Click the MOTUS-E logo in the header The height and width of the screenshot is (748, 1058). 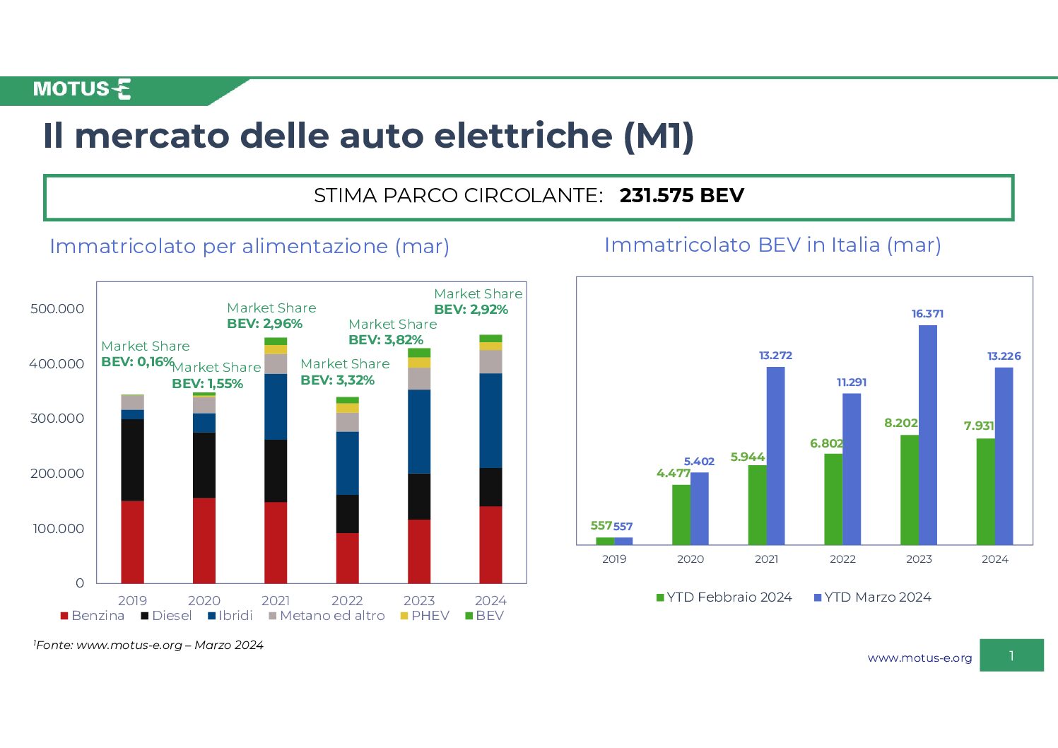tap(82, 89)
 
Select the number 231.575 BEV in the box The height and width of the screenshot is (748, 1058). tap(681, 196)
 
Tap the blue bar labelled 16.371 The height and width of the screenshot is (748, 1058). tap(928, 436)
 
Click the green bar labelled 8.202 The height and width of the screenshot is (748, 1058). tap(910, 490)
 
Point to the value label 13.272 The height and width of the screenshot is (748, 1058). tap(775, 356)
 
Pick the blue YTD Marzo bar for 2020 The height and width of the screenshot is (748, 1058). tap(700, 509)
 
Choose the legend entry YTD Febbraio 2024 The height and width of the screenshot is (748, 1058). tap(724, 597)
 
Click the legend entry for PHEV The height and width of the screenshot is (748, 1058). tap(425, 616)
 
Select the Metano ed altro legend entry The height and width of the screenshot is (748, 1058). tap(327, 616)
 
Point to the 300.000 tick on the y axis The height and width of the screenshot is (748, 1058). tap(57, 419)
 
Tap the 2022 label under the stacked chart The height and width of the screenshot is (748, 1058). tap(347, 600)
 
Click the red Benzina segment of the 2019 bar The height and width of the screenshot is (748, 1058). tap(132, 542)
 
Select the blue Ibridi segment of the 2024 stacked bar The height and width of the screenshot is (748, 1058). tap(490, 421)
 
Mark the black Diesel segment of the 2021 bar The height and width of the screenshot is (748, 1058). tap(276, 471)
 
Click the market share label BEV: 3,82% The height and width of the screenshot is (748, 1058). tap(386, 340)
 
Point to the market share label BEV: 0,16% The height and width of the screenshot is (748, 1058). tap(138, 362)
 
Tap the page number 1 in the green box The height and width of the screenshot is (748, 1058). tap(1011, 655)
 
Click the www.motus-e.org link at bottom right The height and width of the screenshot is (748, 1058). tap(919, 658)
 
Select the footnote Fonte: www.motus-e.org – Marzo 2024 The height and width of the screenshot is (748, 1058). tap(148, 645)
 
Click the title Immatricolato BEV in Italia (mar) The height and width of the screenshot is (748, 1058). tap(772, 245)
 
